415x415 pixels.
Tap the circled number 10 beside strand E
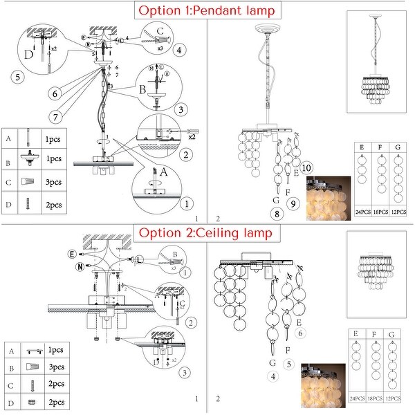308,167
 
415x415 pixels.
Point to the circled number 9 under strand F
293,204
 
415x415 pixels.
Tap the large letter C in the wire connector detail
161,31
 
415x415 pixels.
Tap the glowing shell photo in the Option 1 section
329,198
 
